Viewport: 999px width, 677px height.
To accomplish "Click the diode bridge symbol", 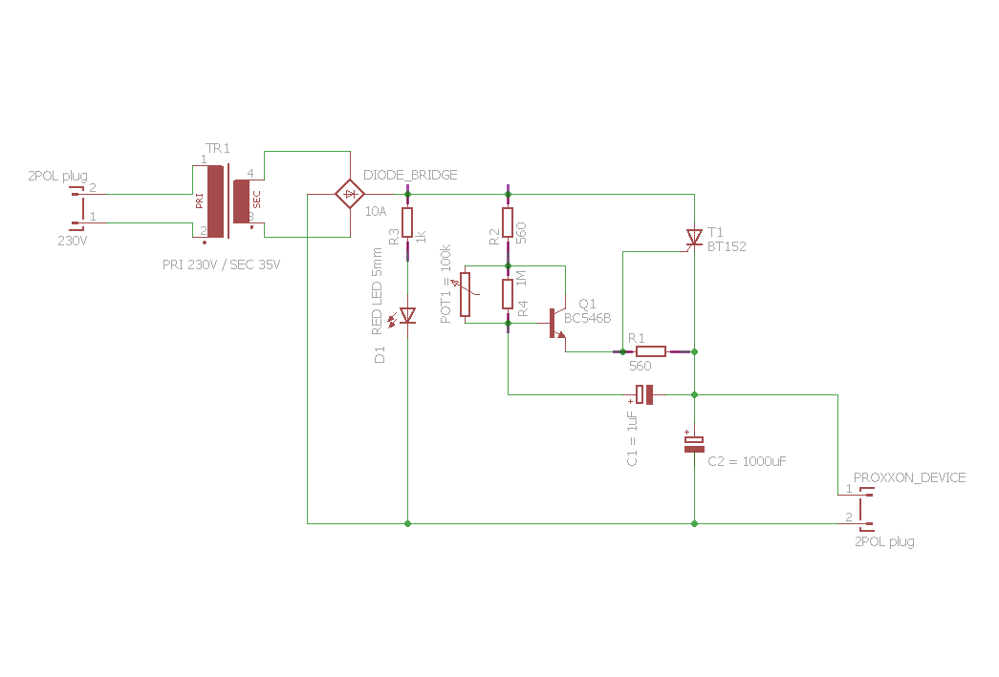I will pyautogui.click(x=351, y=195).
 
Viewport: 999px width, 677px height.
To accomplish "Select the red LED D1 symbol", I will pyautogui.click(x=407, y=314).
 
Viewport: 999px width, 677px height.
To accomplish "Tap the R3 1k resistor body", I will pyautogui.click(x=407, y=222).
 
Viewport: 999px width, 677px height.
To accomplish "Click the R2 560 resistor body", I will pyautogui.click(x=508, y=222).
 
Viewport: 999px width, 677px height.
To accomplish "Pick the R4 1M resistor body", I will pyautogui.click(x=508, y=294).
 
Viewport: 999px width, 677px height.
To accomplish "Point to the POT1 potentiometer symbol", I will pyautogui.click(x=466, y=294).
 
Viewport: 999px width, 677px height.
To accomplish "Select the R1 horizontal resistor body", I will pyautogui.click(x=650, y=351).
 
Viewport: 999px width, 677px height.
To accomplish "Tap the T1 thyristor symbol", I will pyautogui.click(x=694, y=237).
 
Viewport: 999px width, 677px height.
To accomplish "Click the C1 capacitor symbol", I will pyautogui.click(x=645, y=393).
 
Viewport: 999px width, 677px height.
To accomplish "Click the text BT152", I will pyautogui.click(x=727, y=246).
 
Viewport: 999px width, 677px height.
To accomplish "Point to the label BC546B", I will pyautogui.click(x=588, y=319).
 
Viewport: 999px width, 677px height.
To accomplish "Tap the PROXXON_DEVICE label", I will pyautogui.click(x=909, y=477).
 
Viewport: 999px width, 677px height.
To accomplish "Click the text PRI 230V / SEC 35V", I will pyautogui.click(x=222, y=264).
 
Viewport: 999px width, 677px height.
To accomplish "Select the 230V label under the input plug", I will pyautogui.click(x=72, y=241).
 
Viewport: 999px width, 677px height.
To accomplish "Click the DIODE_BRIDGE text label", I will pyautogui.click(x=410, y=175).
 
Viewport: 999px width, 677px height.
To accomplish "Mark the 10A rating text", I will pyautogui.click(x=376, y=210).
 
